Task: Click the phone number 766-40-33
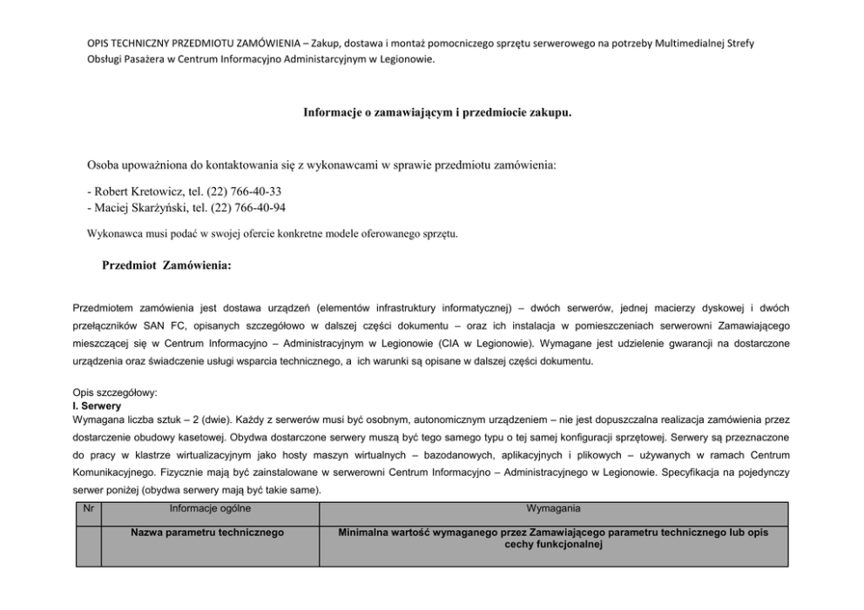(258, 191)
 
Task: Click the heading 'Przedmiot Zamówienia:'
(166, 265)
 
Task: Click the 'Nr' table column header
(88, 508)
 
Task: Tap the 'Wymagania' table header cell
(553, 508)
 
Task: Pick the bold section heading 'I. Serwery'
(96, 406)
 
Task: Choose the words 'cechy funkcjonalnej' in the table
(553, 545)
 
